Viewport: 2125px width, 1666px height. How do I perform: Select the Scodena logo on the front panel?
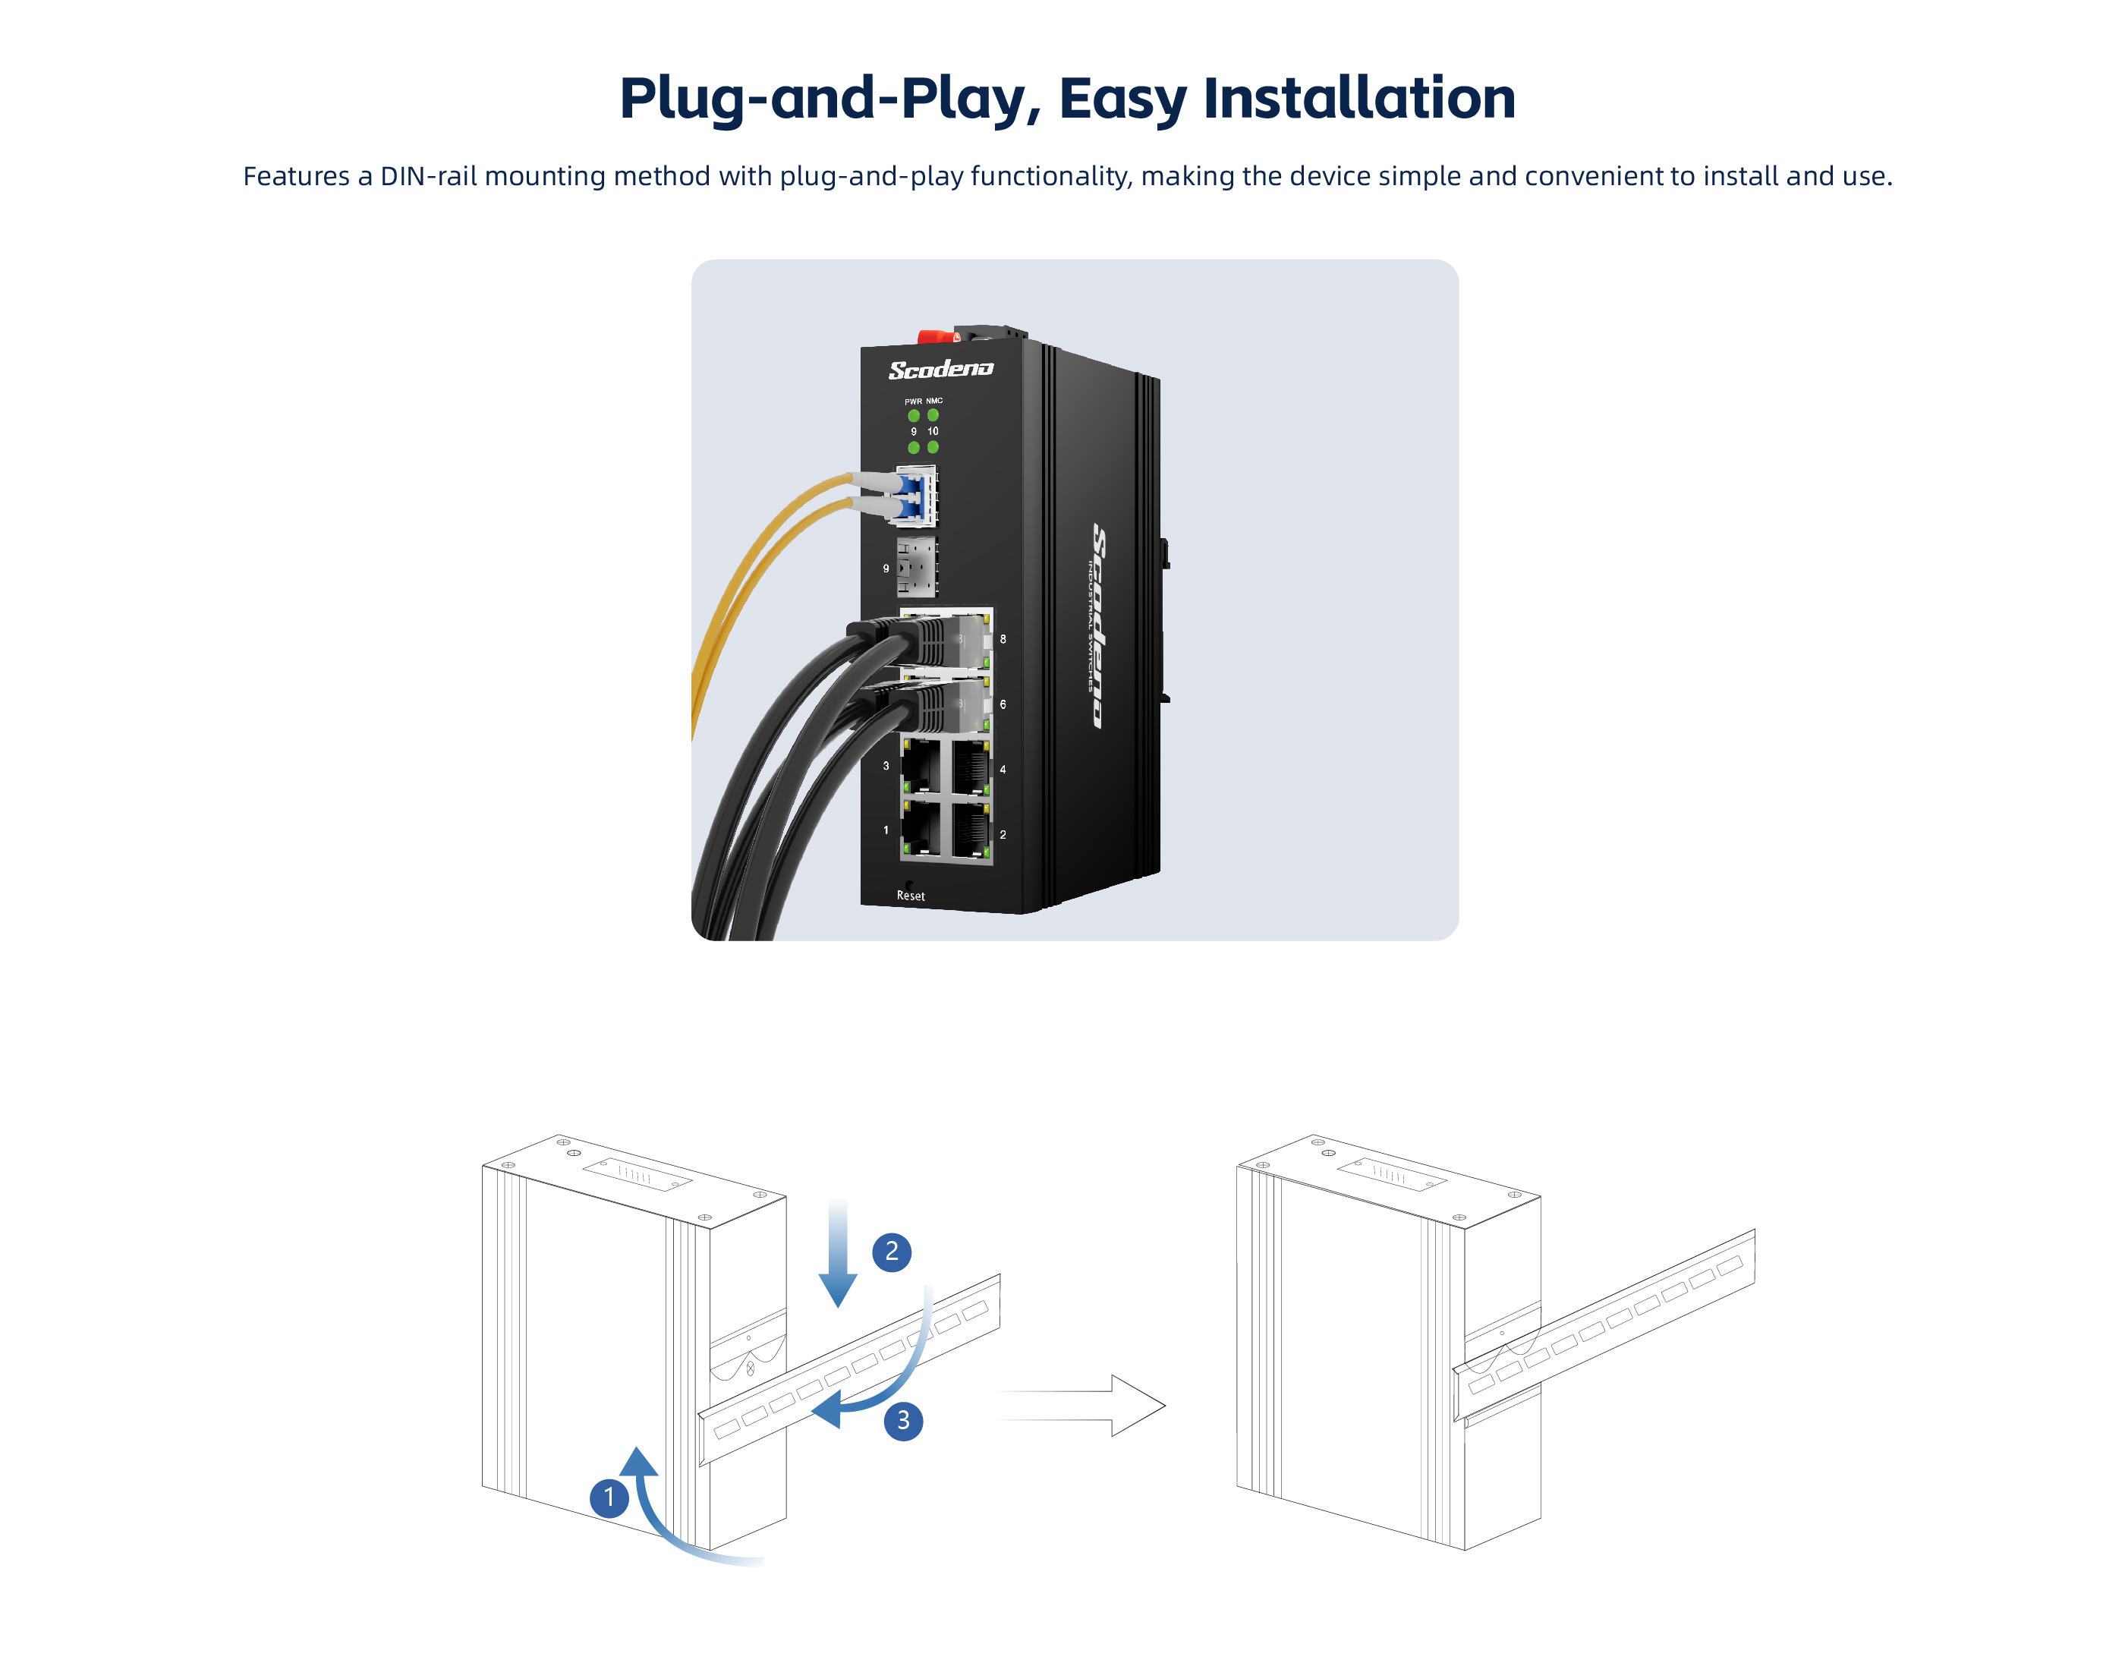940,369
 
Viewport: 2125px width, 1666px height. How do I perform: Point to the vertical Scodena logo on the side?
1099,624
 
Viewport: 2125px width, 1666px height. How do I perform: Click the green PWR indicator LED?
913,415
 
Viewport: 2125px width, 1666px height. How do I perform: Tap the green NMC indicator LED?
933,414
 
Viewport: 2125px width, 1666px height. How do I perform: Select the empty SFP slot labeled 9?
916,567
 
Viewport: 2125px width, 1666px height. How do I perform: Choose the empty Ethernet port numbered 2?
971,830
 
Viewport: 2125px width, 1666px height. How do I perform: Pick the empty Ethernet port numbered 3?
920,766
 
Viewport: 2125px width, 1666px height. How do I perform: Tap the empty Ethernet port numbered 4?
971,767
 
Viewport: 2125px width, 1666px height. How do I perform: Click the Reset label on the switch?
910,896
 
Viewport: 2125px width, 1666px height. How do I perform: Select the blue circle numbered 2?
890,1252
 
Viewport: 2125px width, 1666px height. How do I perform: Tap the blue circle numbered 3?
902,1420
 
